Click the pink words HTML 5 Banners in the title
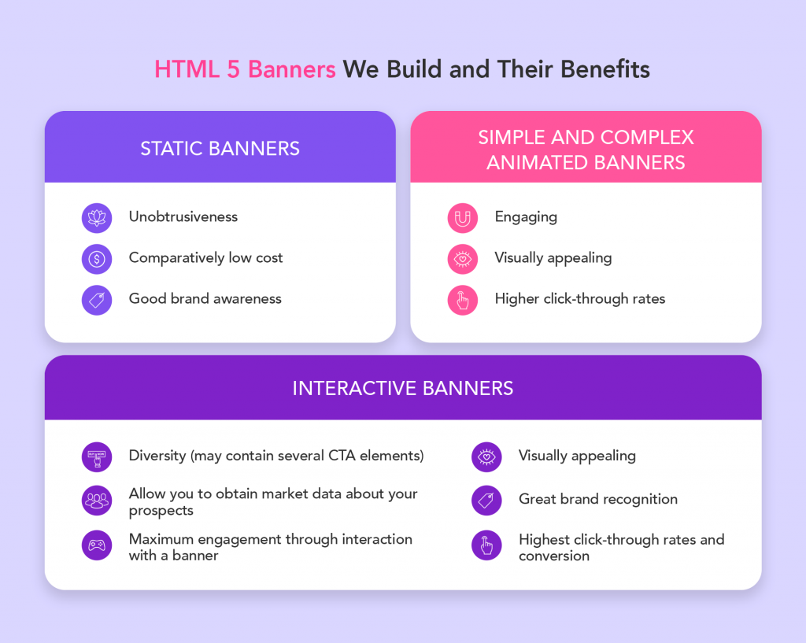coord(245,69)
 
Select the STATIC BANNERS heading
coord(220,148)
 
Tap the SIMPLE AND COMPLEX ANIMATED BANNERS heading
coord(586,150)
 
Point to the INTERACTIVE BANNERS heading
coord(402,388)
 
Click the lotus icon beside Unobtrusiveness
coord(97,217)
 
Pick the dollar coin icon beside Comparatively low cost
coord(97,258)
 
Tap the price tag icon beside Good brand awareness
coord(97,300)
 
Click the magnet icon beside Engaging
coord(463,217)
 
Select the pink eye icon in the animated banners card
coord(463,258)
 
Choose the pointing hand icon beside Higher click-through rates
coord(463,300)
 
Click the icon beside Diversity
coord(97,456)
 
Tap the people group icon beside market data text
coord(97,500)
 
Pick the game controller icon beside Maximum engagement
coord(97,545)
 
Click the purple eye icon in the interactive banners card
coord(486,456)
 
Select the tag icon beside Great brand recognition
coord(486,500)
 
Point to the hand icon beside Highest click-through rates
coord(486,545)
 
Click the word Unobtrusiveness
coord(183,216)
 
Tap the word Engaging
coord(526,216)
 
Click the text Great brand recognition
coord(598,499)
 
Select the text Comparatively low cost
coord(206,258)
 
